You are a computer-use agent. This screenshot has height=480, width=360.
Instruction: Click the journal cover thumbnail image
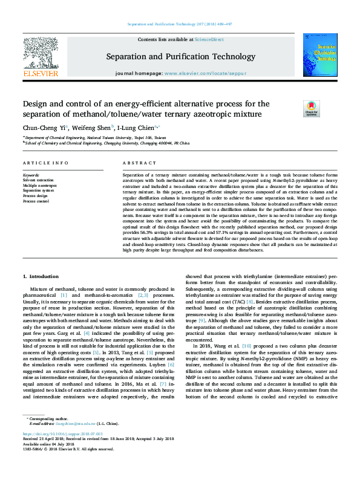coord(320,56)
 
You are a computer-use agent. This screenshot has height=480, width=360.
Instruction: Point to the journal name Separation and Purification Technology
coord(180,57)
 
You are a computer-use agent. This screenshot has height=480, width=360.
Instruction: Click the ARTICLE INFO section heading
coord(45,164)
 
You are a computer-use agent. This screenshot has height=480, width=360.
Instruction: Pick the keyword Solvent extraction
coord(38,180)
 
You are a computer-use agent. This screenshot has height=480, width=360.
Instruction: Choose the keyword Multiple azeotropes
coord(39,185)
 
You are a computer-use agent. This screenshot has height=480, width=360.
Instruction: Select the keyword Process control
coord(36,201)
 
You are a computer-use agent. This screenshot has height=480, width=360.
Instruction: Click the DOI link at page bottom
coord(64,451)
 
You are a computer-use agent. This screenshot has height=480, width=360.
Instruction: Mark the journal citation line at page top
coord(180,24)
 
